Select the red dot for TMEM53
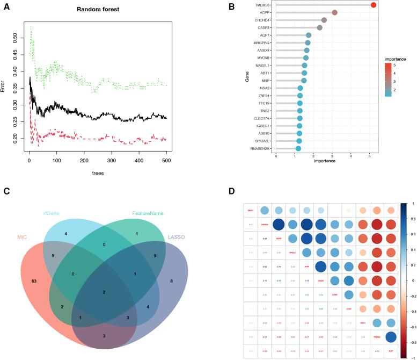click(374, 5)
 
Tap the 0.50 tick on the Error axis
click(14, 38)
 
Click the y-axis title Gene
click(248, 77)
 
